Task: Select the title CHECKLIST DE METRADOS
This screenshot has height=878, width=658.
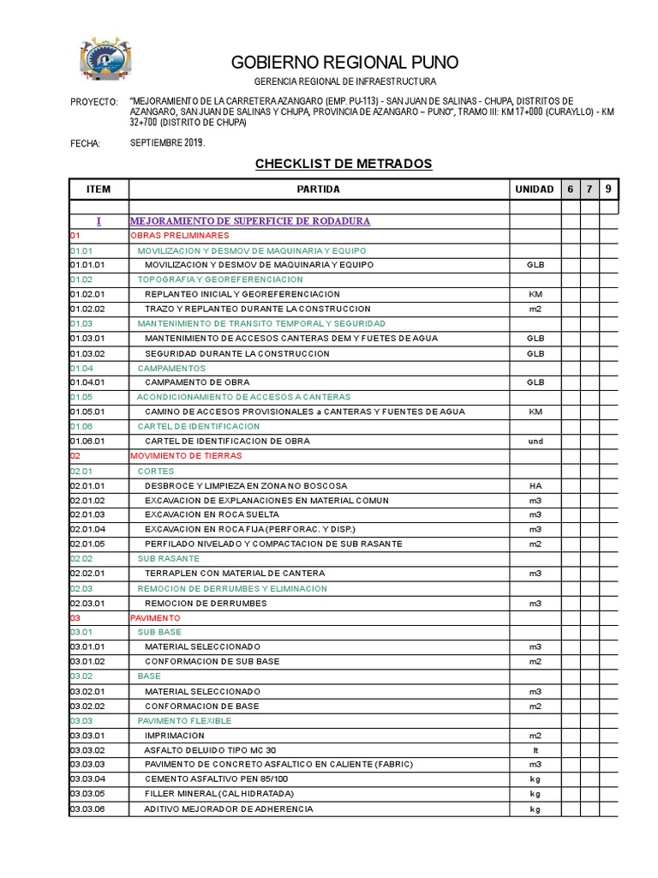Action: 344,164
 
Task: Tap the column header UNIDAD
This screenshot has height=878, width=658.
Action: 535,189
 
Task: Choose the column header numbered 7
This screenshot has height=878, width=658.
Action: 589,189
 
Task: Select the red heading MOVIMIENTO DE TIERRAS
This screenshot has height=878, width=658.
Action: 186,456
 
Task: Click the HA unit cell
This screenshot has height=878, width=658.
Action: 535,485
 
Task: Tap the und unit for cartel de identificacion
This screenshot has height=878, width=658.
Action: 535,442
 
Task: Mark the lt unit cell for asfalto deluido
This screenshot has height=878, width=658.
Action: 535,749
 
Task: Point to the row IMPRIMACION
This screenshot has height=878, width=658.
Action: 175,736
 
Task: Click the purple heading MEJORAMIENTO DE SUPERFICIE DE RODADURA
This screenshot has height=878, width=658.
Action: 249,221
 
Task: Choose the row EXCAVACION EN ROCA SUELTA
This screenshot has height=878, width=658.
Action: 212,514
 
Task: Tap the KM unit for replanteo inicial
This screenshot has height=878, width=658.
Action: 535,294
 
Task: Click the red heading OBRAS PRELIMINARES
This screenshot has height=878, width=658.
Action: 180,235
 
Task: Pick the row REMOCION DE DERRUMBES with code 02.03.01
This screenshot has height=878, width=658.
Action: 206,604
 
